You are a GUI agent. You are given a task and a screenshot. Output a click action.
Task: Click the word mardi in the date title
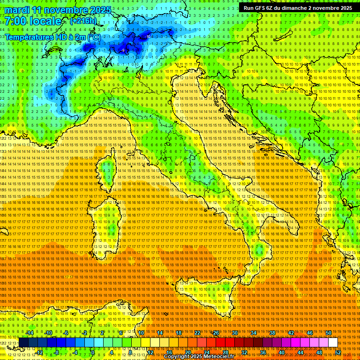tap(16, 10)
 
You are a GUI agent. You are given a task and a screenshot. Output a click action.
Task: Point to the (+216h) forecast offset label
tap(83, 21)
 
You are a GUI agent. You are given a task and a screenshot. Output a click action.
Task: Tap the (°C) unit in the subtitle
tap(94, 37)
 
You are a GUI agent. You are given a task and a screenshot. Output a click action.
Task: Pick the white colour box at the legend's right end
tap(333, 343)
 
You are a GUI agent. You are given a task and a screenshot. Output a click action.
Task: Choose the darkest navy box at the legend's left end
tap(24, 343)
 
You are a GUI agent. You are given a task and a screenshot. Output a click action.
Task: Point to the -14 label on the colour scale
tap(29, 333)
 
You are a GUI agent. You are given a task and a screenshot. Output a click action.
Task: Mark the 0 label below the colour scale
tap(93, 352)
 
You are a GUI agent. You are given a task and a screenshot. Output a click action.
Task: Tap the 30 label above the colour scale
tap(235, 333)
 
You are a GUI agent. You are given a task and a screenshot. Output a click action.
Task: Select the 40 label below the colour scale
tap(282, 352)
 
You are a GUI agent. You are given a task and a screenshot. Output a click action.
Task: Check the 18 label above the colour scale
tap(179, 333)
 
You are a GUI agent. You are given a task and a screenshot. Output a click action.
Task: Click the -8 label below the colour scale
tap(56, 352)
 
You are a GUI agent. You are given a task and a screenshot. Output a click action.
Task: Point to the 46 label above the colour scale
tap(310, 333)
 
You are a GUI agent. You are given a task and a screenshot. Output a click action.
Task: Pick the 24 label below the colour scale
tap(207, 352)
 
